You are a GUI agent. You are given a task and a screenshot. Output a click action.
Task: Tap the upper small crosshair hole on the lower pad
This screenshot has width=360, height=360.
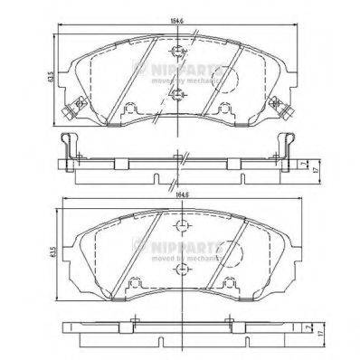[182, 226]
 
